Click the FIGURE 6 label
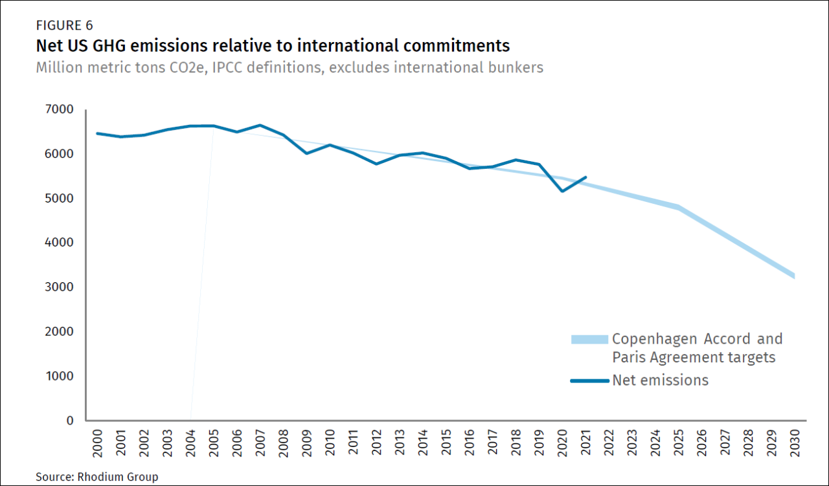pyautogui.click(x=65, y=26)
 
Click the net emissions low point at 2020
pyautogui.click(x=562, y=191)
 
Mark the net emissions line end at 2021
pyautogui.click(x=586, y=177)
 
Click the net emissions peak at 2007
pyautogui.click(x=260, y=125)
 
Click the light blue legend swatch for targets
pyautogui.click(x=589, y=339)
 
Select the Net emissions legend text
pyautogui.click(x=660, y=381)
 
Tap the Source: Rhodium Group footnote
pyautogui.click(x=97, y=477)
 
